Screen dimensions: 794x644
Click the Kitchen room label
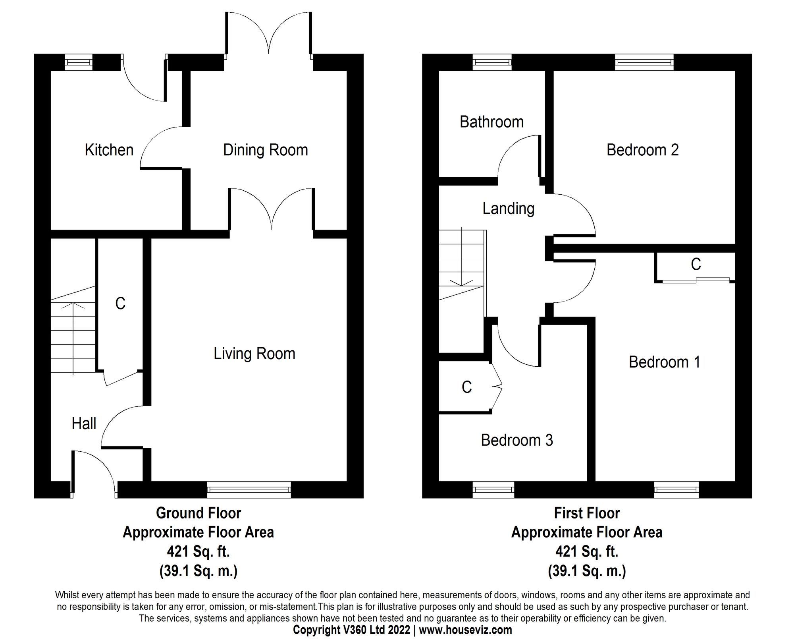[109, 150]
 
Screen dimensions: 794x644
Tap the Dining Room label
[266, 150]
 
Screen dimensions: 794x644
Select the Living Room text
[254, 354]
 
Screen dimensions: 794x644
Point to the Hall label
[84, 424]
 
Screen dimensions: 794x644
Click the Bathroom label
[492, 122]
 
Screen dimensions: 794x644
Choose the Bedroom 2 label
[643, 150]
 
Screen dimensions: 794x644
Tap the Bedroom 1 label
[665, 362]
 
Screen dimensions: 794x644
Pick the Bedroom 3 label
[517, 440]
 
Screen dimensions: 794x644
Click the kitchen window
[79, 62]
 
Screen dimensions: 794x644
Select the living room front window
[249, 489]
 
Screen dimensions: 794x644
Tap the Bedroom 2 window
[644, 62]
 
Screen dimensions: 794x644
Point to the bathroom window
[492, 62]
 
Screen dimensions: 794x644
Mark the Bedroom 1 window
[677, 489]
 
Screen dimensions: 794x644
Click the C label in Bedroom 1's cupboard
[696, 264]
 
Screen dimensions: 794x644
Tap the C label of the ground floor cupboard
[120, 304]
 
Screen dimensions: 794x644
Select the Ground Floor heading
[198, 513]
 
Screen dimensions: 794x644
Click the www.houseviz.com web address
[466, 630]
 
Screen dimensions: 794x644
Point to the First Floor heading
[587, 513]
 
